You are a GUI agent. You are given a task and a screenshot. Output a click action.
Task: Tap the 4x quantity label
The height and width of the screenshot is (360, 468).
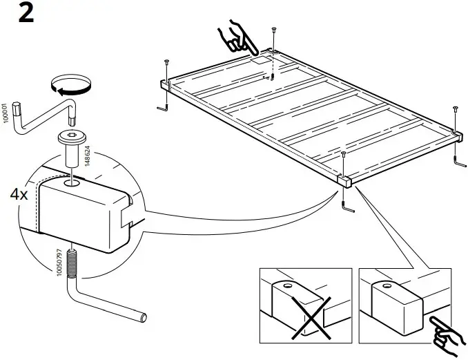coord(19,194)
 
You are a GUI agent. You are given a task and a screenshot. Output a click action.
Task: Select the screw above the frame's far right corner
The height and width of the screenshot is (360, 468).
coord(455,115)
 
